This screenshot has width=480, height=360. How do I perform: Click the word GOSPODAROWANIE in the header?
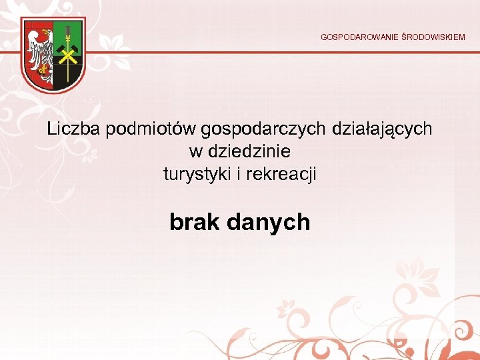(x=359, y=37)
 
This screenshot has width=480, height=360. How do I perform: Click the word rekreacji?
(x=281, y=175)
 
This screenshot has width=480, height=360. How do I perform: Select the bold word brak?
(x=195, y=222)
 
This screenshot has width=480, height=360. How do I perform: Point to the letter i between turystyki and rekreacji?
(x=238, y=175)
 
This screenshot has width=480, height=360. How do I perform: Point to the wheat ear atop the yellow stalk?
(x=67, y=31)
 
